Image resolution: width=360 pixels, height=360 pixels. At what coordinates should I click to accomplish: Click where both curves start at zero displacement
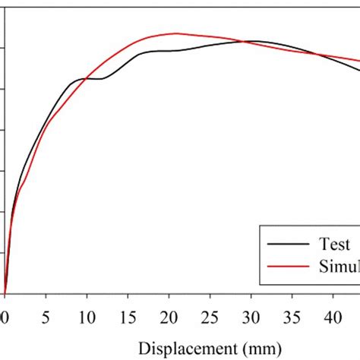tap(5, 292)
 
